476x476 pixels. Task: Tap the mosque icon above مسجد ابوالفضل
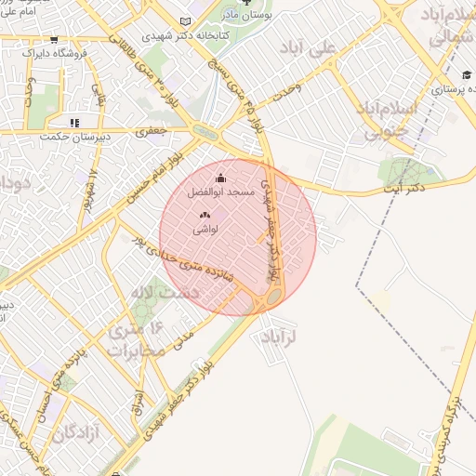pos(220,178)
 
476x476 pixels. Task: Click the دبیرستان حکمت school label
pos(73,137)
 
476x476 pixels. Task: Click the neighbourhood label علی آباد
pos(328,52)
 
